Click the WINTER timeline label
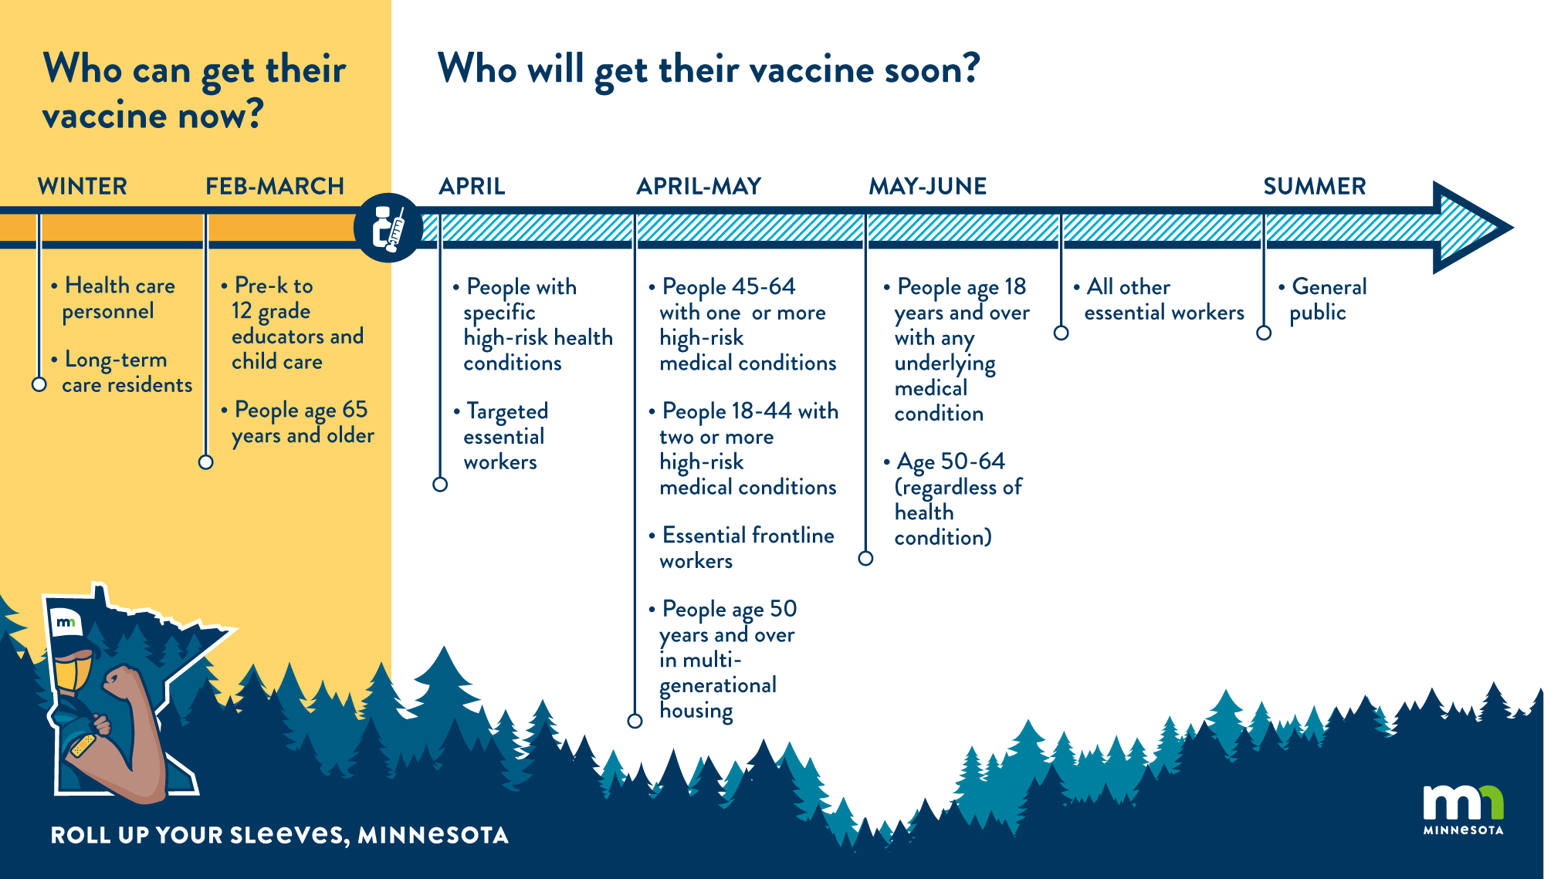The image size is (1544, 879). click(x=83, y=186)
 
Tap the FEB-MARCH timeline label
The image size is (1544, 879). click(x=275, y=186)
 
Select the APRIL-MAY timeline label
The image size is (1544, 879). click(x=699, y=186)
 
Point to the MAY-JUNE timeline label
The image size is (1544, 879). click(x=928, y=186)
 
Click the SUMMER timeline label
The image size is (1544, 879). click(x=1315, y=186)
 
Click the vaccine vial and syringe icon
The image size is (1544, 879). click(x=388, y=228)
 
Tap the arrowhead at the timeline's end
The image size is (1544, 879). click(x=1471, y=228)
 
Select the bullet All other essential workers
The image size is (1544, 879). click(x=1160, y=299)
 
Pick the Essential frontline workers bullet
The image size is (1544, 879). click(x=742, y=548)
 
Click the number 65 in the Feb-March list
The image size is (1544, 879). click(x=355, y=410)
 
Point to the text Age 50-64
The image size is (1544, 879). click(x=951, y=461)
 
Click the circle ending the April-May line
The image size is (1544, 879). click(x=635, y=721)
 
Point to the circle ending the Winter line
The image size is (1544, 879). click(x=39, y=384)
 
